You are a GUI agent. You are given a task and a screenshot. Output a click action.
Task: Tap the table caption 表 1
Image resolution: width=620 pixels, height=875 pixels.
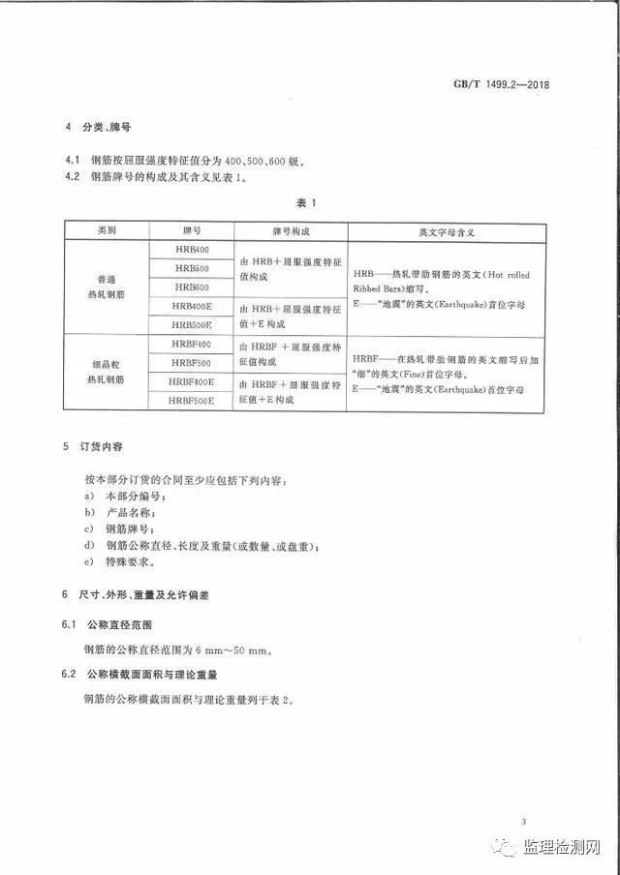click(307, 203)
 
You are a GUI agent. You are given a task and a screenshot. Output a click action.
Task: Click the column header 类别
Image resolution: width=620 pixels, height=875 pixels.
click(107, 232)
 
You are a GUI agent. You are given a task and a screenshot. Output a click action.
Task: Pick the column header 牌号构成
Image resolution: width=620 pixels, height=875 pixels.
click(294, 232)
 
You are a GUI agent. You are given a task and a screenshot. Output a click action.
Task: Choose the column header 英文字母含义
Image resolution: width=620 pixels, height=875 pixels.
click(453, 232)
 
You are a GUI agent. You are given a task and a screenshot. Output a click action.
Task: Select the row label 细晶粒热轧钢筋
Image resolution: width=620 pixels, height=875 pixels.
click(107, 373)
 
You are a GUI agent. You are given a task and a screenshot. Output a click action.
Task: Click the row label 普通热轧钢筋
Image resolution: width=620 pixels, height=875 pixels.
click(107, 287)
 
